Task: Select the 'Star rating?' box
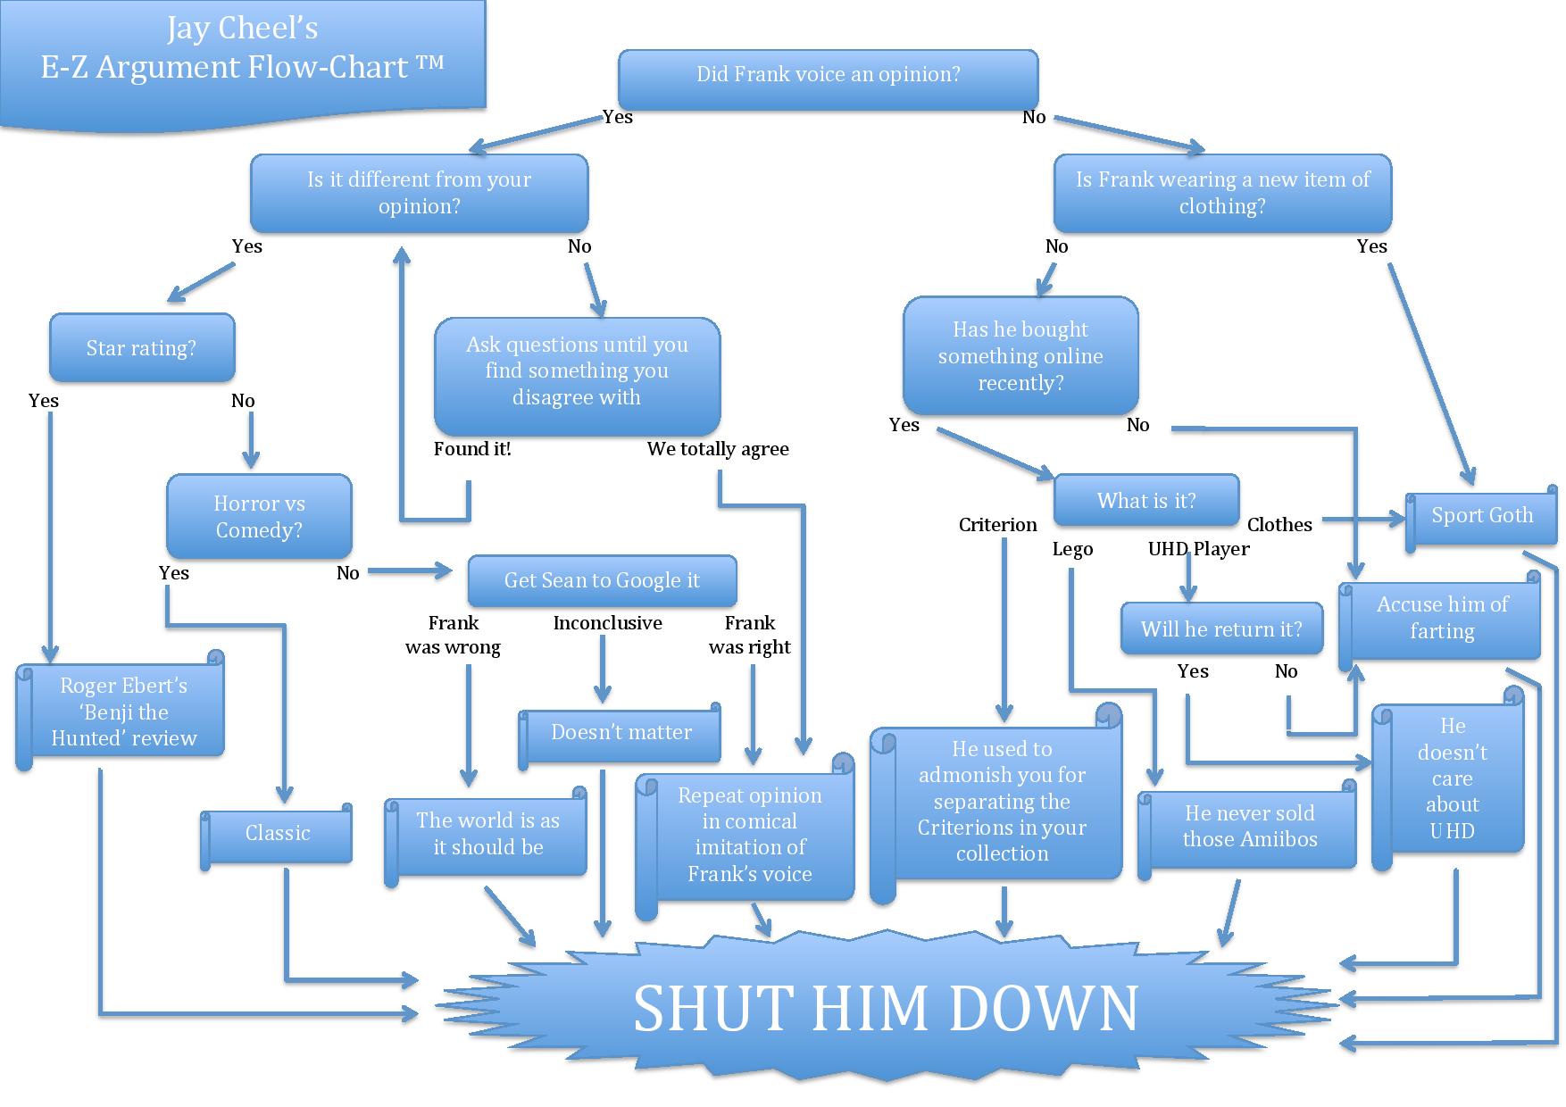141,348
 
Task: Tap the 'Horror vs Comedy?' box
259,517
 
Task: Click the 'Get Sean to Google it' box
602,581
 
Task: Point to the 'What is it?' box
1146,501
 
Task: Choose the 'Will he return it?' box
1220,629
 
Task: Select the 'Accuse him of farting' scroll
1442,618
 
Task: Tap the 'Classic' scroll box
278,834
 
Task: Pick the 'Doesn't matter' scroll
621,733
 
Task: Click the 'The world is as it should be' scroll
487,834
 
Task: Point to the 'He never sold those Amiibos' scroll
1249,827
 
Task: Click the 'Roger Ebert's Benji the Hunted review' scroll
123,712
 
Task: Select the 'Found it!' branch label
472,449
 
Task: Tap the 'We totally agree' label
718,449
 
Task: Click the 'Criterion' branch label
997,525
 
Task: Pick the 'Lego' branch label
1072,549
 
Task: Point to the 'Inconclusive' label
607,623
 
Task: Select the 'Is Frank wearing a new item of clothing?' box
1222,193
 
